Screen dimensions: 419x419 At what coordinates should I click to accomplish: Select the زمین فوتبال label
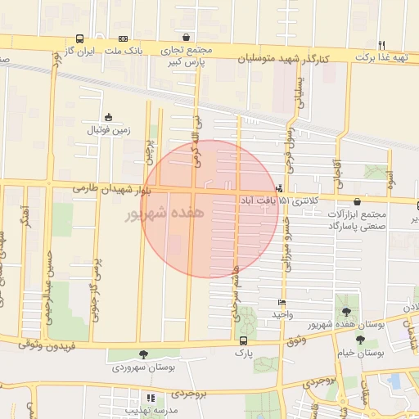[109, 129]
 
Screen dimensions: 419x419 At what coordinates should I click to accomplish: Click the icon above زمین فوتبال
[108, 117]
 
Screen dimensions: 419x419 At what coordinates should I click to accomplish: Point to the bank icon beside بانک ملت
[123, 38]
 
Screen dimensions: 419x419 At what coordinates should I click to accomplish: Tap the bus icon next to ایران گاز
[79, 38]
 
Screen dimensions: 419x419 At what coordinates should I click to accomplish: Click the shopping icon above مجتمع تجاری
[187, 38]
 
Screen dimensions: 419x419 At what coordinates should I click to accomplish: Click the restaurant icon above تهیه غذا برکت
[381, 44]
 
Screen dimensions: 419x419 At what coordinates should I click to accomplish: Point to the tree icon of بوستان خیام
[337, 340]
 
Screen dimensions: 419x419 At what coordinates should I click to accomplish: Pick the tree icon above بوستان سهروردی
[144, 354]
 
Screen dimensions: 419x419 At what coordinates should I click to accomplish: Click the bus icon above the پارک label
[243, 340]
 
